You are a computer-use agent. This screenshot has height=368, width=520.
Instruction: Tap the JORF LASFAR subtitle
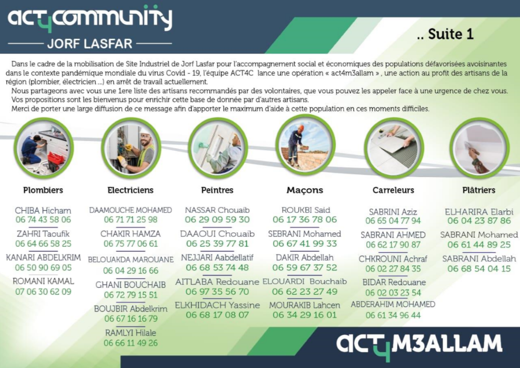[x=90, y=43]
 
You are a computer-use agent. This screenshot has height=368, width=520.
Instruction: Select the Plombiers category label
[x=43, y=190]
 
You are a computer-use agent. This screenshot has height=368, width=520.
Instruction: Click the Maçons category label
[x=305, y=190]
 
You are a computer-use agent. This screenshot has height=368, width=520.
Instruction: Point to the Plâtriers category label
[x=479, y=190]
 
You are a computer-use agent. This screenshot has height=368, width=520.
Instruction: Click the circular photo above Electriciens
[x=131, y=148]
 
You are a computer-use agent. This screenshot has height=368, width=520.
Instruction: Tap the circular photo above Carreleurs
[x=394, y=148]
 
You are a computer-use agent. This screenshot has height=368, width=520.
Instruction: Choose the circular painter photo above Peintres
[x=218, y=148]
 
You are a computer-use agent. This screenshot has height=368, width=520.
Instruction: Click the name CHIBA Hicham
[x=43, y=211]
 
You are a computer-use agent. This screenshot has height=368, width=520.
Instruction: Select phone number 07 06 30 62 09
[x=43, y=292]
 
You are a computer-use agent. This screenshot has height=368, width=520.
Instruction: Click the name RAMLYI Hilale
[x=131, y=333]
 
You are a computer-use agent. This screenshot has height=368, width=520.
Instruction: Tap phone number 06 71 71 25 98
[x=131, y=220]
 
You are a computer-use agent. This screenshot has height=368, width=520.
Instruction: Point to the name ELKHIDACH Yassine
[x=218, y=305]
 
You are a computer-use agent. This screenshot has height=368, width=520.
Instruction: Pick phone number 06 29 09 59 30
[x=218, y=220]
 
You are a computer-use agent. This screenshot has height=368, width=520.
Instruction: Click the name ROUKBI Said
[x=306, y=210]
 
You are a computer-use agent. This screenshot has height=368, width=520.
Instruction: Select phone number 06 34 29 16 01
[x=305, y=315]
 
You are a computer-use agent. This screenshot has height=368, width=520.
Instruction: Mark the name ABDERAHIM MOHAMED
[x=393, y=304]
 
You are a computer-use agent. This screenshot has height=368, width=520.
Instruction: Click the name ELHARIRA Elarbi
[x=479, y=212]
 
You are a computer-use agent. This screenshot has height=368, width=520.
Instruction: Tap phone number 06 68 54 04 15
[x=479, y=269]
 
